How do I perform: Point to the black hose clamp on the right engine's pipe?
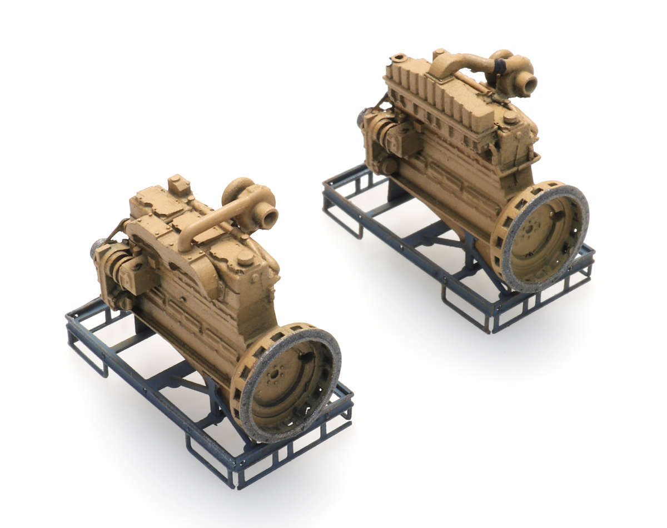tap(500, 67)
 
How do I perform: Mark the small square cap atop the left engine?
tap(178, 184)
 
